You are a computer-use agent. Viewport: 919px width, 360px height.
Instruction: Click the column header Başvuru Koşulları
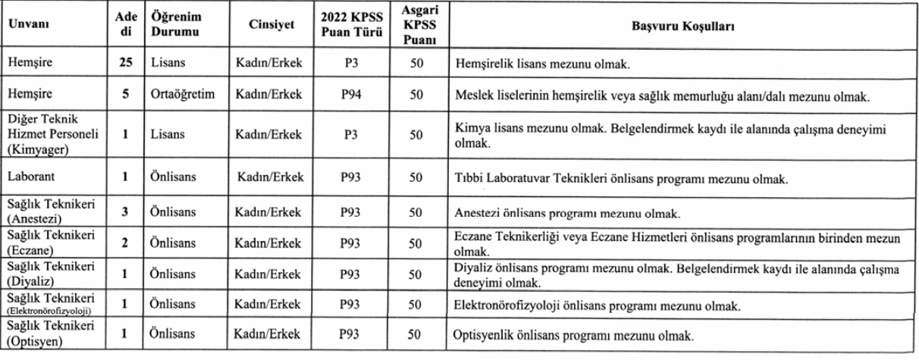pyautogui.click(x=680, y=27)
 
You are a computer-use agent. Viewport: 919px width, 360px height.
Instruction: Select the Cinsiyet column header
pyautogui.click(x=271, y=27)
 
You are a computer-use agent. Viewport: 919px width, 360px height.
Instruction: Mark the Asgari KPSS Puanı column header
pyautogui.click(x=415, y=27)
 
